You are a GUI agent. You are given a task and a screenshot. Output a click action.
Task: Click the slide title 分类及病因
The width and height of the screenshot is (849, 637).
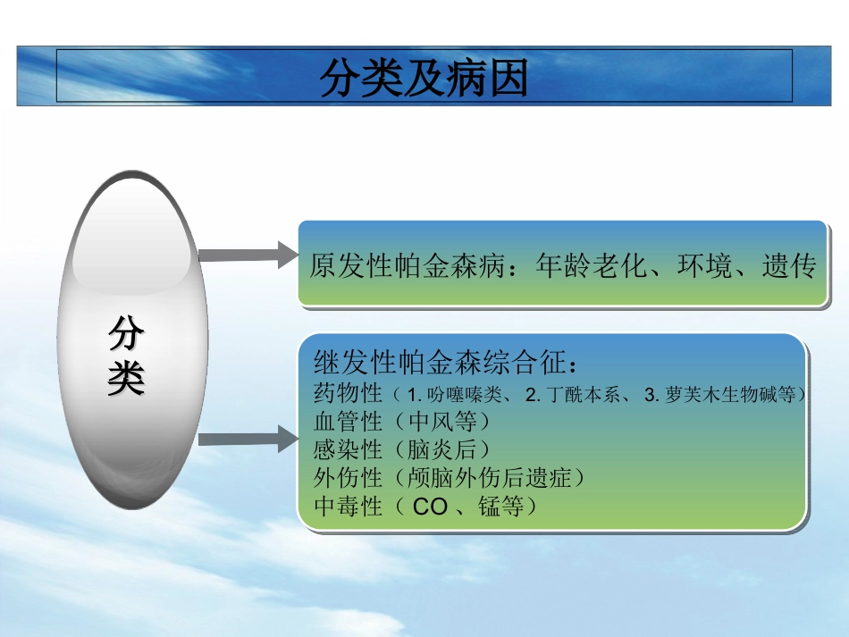point(424,79)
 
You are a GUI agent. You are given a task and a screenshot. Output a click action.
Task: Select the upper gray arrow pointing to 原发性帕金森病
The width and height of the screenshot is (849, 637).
point(247,255)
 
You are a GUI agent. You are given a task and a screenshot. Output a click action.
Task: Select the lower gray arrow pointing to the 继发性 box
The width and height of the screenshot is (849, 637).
point(247,439)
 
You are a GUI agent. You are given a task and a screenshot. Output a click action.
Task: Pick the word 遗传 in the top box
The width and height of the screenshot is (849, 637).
point(789,266)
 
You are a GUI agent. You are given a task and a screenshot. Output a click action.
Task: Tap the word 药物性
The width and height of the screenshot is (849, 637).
point(348,393)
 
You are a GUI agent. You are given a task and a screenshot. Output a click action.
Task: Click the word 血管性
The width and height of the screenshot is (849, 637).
point(348,421)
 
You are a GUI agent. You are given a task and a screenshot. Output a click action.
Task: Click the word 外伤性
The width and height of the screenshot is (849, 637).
point(348,478)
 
